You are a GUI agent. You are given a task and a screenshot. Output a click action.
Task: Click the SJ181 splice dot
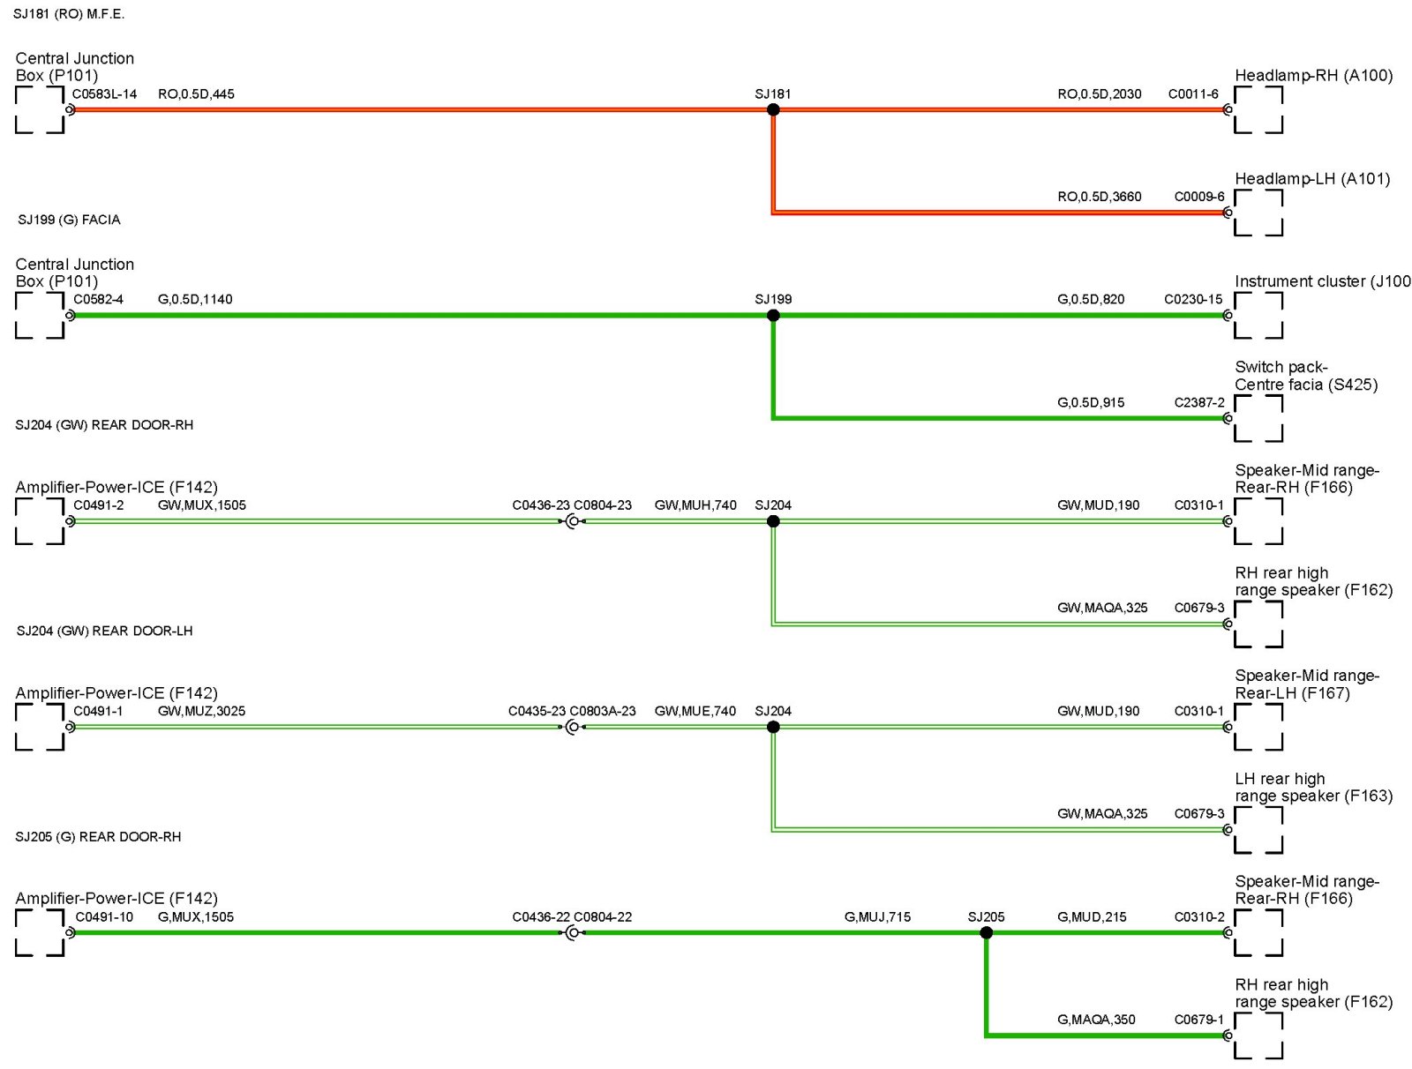pyautogui.click(x=773, y=109)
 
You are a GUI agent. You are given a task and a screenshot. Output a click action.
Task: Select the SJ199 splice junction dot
pyautogui.click(x=773, y=316)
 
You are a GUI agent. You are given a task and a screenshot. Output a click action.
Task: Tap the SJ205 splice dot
pyautogui.click(x=986, y=932)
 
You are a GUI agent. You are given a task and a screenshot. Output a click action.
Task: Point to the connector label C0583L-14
pyautogui.click(x=104, y=94)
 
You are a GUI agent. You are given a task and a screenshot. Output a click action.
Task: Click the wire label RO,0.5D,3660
pyautogui.click(x=1099, y=197)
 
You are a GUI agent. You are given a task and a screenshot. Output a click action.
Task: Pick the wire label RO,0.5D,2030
pyautogui.click(x=1099, y=94)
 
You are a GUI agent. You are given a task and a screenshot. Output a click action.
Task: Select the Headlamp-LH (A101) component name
pyautogui.click(x=1311, y=179)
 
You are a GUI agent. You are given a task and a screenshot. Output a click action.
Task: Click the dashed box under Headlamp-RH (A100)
pyautogui.click(x=1258, y=110)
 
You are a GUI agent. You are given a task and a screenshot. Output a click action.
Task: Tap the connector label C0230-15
pyautogui.click(x=1193, y=299)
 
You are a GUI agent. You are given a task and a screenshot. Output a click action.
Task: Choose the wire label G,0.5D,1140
pyautogui.click(x=195, y=299)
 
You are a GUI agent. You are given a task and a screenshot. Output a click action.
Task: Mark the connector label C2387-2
pyautogui.click(x=1198, y=402)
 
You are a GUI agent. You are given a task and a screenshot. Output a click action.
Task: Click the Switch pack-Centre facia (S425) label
pyautogui.click(x=1305, y=376)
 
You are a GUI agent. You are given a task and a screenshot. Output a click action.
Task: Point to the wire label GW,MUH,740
pyautogui.click(x=695, y=505)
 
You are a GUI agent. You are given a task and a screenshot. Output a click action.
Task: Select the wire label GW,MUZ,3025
pyautogui.click(x=201, y=711)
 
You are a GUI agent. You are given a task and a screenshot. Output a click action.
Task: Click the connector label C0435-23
pyautogui.click(x=537, y=711)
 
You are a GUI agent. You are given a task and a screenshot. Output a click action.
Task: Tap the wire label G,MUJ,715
pyautogui.click(x=877, y=917)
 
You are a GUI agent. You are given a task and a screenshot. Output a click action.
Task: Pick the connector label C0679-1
pyautogui.click(x=1198, y=1020)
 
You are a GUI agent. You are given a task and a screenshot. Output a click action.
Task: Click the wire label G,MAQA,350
pyautogui.click(x=1096, y=1020)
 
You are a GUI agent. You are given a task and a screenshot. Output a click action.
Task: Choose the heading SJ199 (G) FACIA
pyautogui.click(x=69, y=220)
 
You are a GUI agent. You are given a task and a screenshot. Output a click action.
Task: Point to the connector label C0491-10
pyautogui.click(x=104, y=917)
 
